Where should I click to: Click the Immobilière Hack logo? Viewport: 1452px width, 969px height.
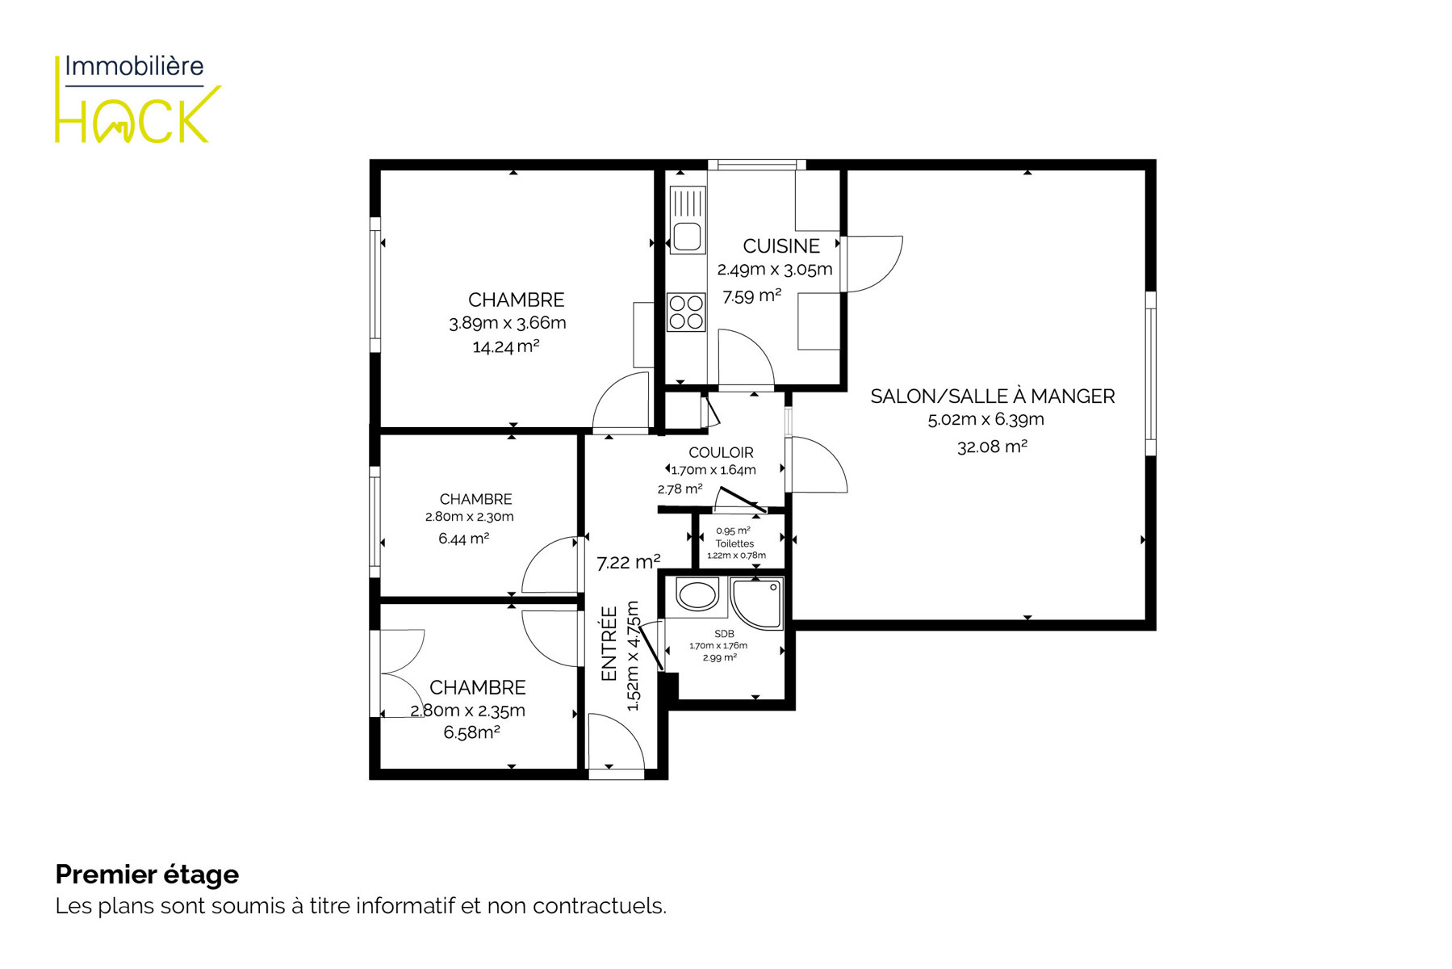137,99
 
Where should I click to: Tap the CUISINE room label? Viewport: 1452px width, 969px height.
781,246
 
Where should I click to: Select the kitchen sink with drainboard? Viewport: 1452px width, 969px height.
688,220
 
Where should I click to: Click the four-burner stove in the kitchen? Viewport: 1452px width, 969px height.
686,313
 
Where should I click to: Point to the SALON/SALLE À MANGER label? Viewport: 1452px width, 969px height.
993,396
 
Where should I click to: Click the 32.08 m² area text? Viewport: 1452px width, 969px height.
992,447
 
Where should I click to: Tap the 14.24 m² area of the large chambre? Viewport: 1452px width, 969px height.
505,346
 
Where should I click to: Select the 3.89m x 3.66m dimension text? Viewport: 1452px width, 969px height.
508,323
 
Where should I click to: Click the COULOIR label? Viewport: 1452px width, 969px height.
721,453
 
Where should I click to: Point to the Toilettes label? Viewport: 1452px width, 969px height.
734,544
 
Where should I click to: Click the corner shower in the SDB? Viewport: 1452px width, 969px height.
757,602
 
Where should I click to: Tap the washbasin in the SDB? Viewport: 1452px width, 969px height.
697,596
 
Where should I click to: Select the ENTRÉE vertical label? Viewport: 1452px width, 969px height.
609,644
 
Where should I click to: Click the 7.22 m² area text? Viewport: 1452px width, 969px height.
628,562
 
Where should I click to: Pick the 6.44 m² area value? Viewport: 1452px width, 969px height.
463,539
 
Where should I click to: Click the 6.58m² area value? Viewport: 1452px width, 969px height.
471,732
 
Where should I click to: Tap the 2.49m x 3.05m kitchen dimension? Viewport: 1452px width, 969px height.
775,270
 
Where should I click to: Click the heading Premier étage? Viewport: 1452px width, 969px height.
147,875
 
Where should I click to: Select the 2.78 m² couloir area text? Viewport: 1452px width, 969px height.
680,489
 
